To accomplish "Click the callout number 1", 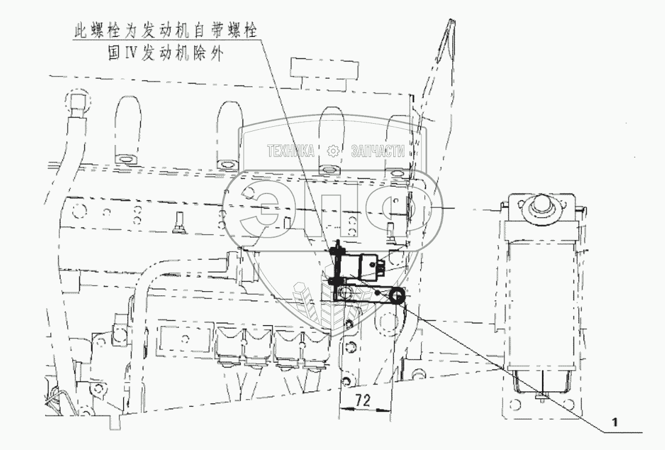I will tap(615, 421).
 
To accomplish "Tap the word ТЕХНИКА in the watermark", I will tap(291, 151).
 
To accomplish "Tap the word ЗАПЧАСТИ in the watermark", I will tap(378, 151).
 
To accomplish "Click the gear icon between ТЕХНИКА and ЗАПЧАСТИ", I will tap(332, 151).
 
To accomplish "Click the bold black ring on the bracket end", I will tap(397, 295).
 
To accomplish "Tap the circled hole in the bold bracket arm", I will tap(345, 294).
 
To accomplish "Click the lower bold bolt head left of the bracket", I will tap(332, 282).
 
